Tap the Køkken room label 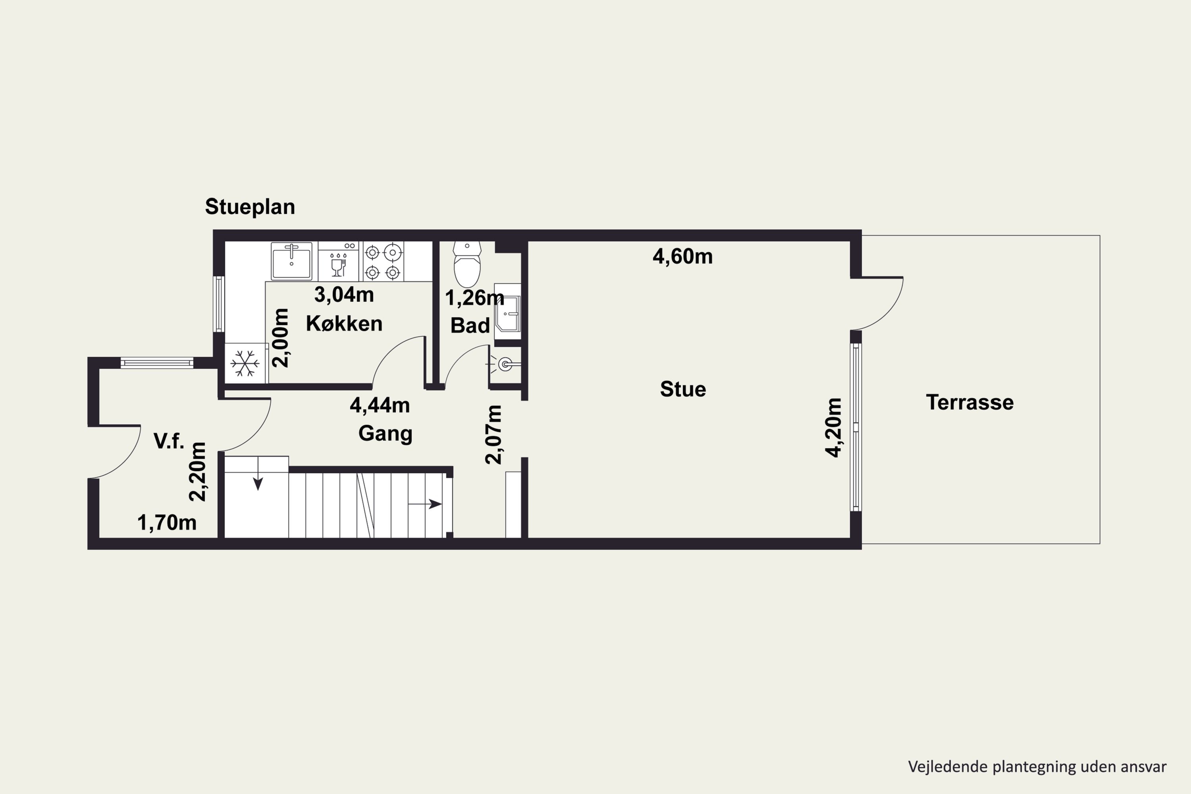(x=344, y=324)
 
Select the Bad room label (x=470, y=326)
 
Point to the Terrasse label (x=970, y=403)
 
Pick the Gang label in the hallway (x=385, y=434)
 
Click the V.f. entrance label (x=169, y=441)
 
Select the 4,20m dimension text (x=833, y=428)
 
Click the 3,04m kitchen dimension (x=344, y=295)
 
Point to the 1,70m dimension (x=167, y=522)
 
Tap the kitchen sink (x=292, y=261)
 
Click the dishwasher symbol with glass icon (x=338, y=261)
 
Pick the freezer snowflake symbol (x=245, y=363)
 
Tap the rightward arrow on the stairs (x=425, y=504)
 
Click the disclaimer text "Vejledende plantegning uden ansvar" (x=1037, y=767)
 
